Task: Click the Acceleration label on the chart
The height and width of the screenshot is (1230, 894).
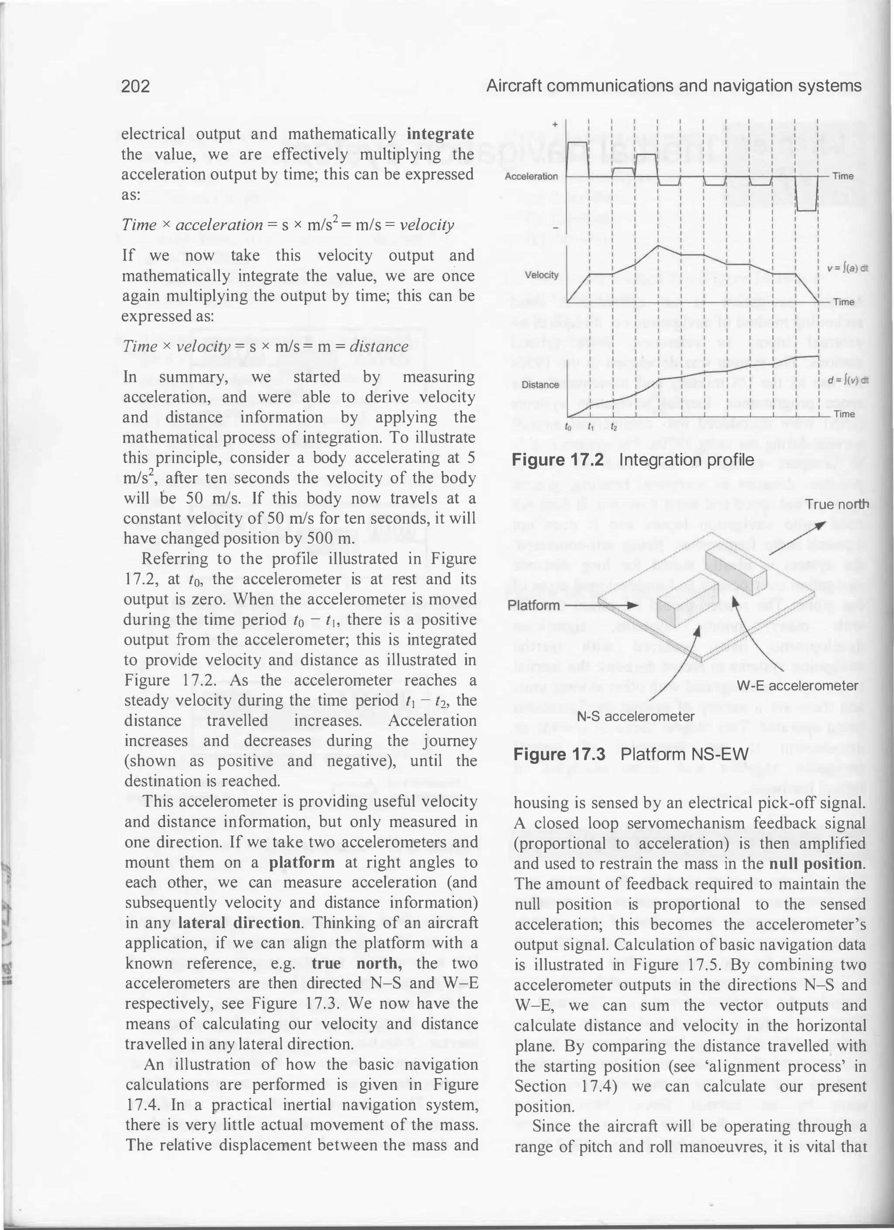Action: tap(531, 176)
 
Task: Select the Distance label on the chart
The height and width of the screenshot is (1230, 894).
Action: tap(540, 384)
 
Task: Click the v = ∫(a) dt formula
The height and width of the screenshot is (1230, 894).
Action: tap(847, 269)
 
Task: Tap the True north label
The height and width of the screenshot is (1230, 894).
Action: tap(836, 504)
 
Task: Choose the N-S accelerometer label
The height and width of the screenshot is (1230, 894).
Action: tap(636, 716)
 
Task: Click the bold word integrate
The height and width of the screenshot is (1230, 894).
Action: tap(440, 133)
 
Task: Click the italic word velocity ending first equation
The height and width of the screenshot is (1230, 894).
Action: tap(426, 225)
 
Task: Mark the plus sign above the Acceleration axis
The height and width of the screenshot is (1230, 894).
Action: tap(555, 125)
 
